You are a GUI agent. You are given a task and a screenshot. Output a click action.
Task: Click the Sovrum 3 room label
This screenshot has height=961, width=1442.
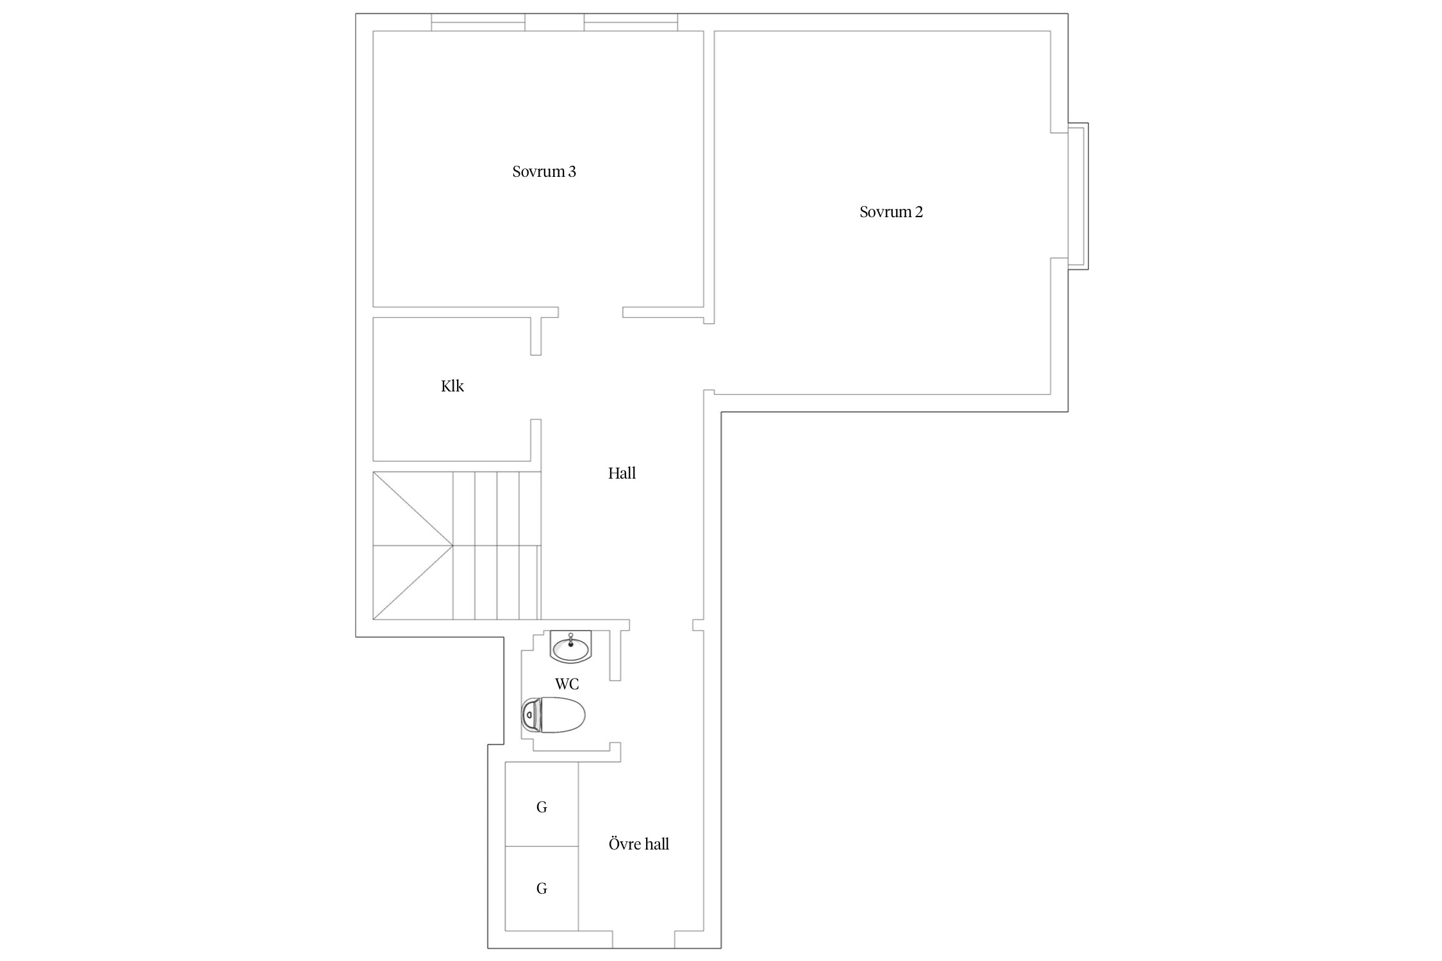coord(544,172)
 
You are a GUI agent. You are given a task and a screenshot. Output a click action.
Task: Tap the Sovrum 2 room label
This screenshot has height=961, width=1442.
coord(891,212)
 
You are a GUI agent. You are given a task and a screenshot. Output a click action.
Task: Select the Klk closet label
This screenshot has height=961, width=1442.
coord(452,386)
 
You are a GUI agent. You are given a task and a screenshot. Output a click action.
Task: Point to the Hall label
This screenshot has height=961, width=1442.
coord(622,473)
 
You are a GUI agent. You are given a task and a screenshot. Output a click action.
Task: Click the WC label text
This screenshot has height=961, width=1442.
coord(567,684)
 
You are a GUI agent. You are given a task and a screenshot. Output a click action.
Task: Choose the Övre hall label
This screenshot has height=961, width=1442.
coord(639,844)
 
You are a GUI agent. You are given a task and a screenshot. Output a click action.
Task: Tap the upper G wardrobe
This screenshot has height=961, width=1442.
coord(542,804)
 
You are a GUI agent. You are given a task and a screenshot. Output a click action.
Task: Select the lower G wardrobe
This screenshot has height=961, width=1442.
coord(542,889)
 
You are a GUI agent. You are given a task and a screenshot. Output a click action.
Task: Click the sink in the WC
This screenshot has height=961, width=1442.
coord(571,646)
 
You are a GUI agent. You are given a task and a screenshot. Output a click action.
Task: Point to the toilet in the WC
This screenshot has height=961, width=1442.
coord(554,715)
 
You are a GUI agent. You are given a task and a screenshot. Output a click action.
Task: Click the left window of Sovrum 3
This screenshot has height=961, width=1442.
coord(478,22)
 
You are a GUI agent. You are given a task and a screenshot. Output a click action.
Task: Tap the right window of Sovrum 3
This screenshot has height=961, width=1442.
coord(631,22)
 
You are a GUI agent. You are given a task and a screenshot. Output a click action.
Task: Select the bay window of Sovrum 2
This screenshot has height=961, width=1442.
coord(1078,196)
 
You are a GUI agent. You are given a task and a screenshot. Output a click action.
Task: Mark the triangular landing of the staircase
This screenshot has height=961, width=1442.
coord(413,546)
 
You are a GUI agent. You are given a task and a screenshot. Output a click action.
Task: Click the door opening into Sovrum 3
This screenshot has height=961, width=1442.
coord(590,313)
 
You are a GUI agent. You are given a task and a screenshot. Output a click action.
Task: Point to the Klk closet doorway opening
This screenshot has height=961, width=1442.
coord(536,387)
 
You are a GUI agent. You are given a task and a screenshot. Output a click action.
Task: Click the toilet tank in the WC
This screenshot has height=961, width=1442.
coord(529,715)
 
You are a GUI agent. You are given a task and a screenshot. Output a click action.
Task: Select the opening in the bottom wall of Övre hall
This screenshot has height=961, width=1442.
coord(643,939)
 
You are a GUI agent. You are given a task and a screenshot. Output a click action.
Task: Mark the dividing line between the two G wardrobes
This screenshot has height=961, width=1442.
coord(542,846)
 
